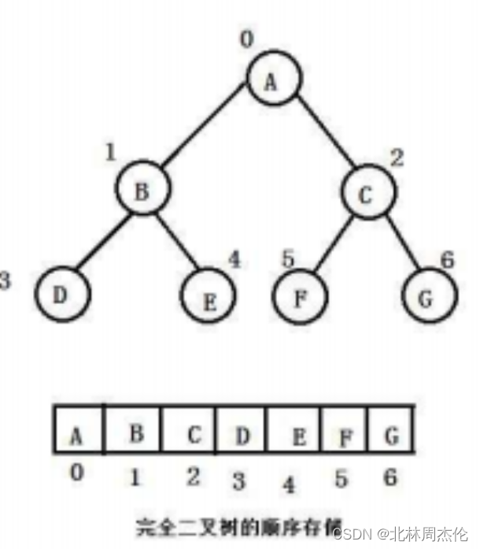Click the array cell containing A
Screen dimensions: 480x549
[78, 430]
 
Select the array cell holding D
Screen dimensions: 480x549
[241, 430]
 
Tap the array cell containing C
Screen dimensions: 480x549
[189, 430]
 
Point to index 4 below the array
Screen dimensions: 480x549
[290, 482]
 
